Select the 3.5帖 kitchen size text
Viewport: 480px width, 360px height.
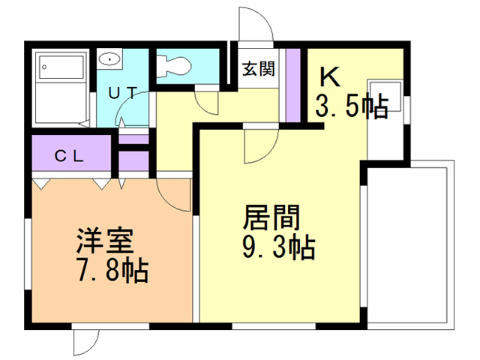click(x=351, y=106)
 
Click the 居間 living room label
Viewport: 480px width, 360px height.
click(x=271, y=217)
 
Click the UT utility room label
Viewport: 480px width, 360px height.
click(x=121, y=93)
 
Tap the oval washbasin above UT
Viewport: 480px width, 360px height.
click(x=111, y=58)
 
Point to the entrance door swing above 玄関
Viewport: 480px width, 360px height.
click(x=255, y=26)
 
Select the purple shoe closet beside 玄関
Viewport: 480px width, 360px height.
click(x=293, y=85)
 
